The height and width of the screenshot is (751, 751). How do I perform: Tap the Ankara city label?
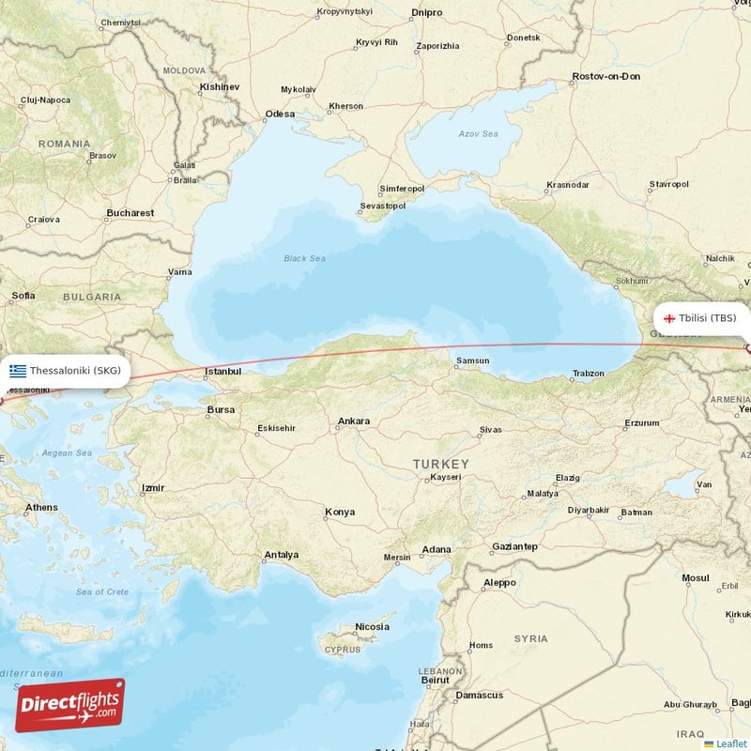(x=353, y=421)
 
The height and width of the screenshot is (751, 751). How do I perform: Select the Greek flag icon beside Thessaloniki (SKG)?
(x=18, y=371)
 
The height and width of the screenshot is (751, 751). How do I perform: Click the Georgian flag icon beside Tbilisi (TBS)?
(x=669, y=318)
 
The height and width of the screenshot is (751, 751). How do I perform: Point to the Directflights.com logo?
(x=69, y=705)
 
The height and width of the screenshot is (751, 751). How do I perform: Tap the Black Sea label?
(x=305, y=258)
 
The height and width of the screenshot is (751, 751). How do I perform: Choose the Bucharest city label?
(x=130, y=213)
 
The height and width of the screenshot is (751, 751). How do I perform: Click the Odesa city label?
(x=280, y=115)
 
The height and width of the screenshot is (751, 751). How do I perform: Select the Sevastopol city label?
(x=383, y=207)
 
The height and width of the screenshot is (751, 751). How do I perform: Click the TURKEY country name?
(x=440, y=465)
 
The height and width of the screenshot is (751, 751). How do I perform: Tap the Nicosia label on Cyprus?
(x=372, y=627)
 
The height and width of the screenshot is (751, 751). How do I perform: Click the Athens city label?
(x=41, y=508)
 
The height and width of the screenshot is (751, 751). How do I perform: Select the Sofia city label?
(x=23, y=296)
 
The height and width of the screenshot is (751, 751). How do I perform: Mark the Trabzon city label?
(x=589, y=375)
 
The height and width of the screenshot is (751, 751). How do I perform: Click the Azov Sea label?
(x=478, y=134)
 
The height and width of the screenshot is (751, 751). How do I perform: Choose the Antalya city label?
(x=281, y=555)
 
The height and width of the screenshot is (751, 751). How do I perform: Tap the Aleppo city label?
(x=499, y=583)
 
